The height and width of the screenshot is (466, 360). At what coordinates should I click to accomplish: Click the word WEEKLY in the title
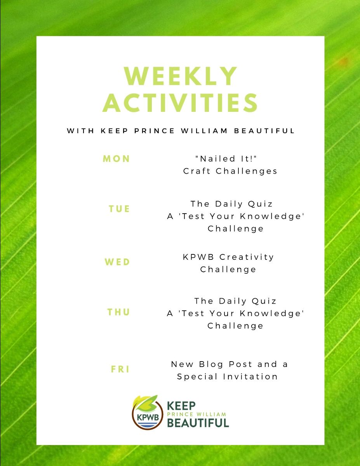pyautogui.click(x=180, y=76)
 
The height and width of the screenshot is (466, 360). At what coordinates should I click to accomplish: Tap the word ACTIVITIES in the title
pyautogui.click(x=180, y=103)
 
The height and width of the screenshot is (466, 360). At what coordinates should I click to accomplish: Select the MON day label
pyautogui.click(x=117, y=159)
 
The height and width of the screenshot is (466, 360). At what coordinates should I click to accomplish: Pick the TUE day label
pyautogui.click(x=119, y=209)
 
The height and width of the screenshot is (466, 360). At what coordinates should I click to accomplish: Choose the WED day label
pyautogui.click(x=117, y=262)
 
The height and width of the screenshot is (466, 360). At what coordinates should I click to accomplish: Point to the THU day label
pyautogui.click(x=118, y=312)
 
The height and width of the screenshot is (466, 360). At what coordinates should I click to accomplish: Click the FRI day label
pyautogui.click(x=120, y=369)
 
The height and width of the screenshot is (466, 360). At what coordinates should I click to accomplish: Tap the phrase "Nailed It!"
pyautogui.click(x=226, y=159)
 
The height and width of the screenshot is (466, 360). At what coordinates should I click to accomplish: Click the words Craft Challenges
pyautogui.click(x=230, y=171)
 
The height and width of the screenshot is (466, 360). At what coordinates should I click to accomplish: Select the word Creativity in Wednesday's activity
pyautogui.click(x=247, y=257)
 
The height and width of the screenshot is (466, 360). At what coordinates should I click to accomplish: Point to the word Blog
pyautogui.click(x=211, y=364)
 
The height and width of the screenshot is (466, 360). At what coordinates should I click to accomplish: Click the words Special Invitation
pyautogui.click(x=227, y=377)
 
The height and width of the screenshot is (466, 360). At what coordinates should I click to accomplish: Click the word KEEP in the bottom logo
pyautogui.click(x=181, y=406)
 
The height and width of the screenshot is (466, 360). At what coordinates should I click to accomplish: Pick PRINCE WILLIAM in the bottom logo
pyautogui.click(x=197, y=414)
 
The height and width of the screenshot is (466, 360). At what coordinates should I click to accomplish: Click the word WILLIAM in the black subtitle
pyautogui.click(x=204, y=130)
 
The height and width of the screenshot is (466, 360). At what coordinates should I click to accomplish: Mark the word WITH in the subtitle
pyautogui.click(x=81, y=130)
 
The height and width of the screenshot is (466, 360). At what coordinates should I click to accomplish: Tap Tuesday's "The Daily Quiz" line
pyautogui.click(x=231, y=204)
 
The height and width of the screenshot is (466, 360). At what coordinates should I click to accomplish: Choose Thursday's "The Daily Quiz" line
pyautogui.click(x=235, y=301)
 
